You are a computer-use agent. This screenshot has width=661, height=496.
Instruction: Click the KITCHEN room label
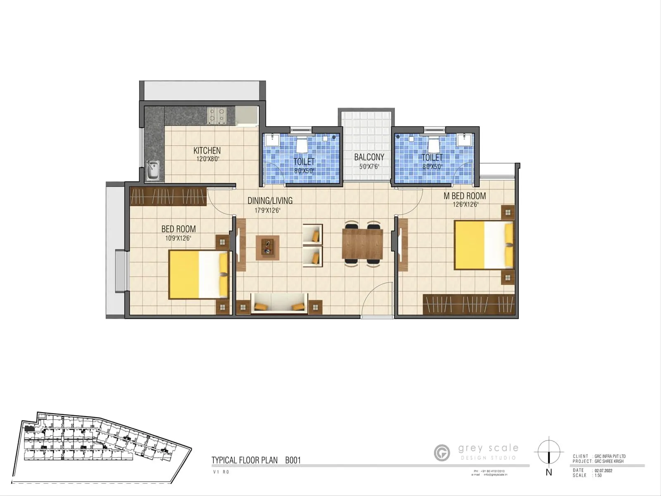coord(207,150)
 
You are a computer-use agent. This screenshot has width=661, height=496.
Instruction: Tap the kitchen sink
coord(153,170)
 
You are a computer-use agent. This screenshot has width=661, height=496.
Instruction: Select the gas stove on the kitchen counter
coord(216,115)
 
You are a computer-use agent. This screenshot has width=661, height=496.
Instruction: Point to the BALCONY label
coord(369,157)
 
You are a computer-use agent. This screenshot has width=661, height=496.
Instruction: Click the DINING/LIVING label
coord(270,201)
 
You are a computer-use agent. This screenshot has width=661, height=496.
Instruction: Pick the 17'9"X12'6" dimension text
coord(267,210)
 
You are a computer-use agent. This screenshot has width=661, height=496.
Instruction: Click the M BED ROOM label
coord(464,196)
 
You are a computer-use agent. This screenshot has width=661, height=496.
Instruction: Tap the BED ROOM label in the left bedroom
coord(178,229)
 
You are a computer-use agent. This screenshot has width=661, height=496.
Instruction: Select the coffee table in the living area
coord(267,248)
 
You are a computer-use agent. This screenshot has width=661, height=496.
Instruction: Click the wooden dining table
coord(363,243)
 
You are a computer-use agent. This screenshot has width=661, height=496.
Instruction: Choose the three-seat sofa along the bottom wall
coord(280,304)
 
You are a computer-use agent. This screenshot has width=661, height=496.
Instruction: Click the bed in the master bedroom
coord(484,245)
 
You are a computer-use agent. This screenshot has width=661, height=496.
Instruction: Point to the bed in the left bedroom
coord(198,274)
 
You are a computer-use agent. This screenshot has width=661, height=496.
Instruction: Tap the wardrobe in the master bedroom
coord(469,305)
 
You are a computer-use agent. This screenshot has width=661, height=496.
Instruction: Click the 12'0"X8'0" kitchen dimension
coord(207,159)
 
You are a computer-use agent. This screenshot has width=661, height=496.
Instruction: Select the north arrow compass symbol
coord(549,452)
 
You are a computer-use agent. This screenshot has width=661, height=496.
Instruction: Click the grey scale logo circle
coord(442,453)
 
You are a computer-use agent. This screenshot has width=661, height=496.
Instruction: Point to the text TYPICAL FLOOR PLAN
coord(245,460)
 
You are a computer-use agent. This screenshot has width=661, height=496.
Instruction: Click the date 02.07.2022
coord(603,470)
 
